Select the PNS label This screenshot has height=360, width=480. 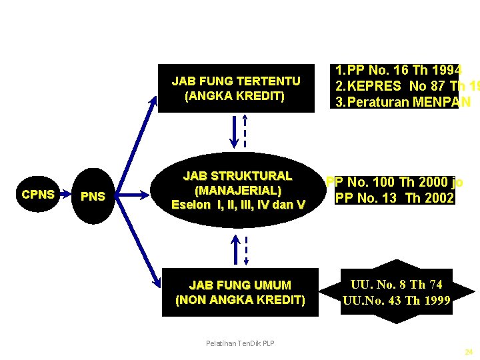93,197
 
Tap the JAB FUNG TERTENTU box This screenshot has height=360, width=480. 236,88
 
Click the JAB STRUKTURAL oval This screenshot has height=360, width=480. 238,190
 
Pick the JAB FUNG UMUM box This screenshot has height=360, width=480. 239,293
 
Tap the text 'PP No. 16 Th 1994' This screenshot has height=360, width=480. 398,71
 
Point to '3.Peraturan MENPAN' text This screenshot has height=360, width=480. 403,102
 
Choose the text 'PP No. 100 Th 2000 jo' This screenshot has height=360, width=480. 394,183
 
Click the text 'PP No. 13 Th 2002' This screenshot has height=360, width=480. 394,198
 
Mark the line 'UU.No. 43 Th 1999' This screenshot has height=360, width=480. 397,300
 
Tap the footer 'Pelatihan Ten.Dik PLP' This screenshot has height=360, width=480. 240,343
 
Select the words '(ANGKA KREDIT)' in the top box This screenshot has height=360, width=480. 235,96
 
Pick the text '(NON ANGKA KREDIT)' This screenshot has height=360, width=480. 239,300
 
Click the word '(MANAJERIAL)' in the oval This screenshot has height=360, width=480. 238,190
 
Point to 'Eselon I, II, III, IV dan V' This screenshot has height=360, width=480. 238,204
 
